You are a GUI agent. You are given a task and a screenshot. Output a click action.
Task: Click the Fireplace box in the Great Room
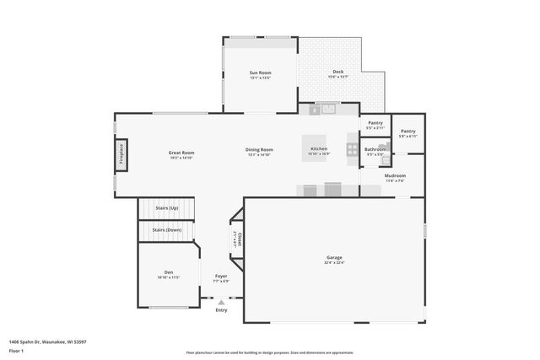click(121, 156)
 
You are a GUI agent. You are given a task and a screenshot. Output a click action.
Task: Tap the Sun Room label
click(260, 73)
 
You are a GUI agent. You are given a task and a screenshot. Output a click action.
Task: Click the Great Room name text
click(181, 153)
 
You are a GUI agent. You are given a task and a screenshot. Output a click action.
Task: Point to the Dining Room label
click(260, 149)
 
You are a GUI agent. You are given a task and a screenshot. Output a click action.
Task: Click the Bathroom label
click(375, 149)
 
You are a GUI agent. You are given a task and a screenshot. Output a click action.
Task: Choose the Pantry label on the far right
click(408, 131)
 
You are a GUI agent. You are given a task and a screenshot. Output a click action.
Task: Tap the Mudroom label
click(395, 176)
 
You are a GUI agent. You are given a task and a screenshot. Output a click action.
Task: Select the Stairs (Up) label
click(167, 207)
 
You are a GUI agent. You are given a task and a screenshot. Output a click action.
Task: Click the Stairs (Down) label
click(167, 229)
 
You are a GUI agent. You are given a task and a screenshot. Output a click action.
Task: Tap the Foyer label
click(221, 276)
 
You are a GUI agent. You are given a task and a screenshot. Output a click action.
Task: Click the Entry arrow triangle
click(221, 302)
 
